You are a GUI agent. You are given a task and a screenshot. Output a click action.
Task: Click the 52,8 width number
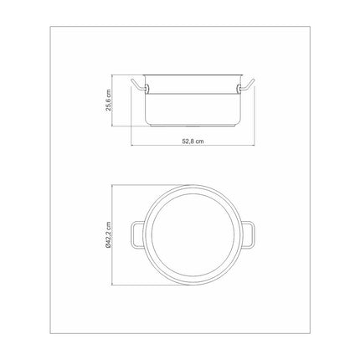188,141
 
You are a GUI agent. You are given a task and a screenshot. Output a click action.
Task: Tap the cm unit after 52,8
199,141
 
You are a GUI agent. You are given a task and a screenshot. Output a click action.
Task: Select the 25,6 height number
108,105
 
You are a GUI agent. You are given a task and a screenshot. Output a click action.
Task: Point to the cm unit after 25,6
108,93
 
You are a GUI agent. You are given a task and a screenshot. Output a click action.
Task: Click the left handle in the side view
137,85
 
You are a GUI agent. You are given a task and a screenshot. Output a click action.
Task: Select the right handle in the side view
247,85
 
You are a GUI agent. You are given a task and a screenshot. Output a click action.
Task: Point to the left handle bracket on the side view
147,89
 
